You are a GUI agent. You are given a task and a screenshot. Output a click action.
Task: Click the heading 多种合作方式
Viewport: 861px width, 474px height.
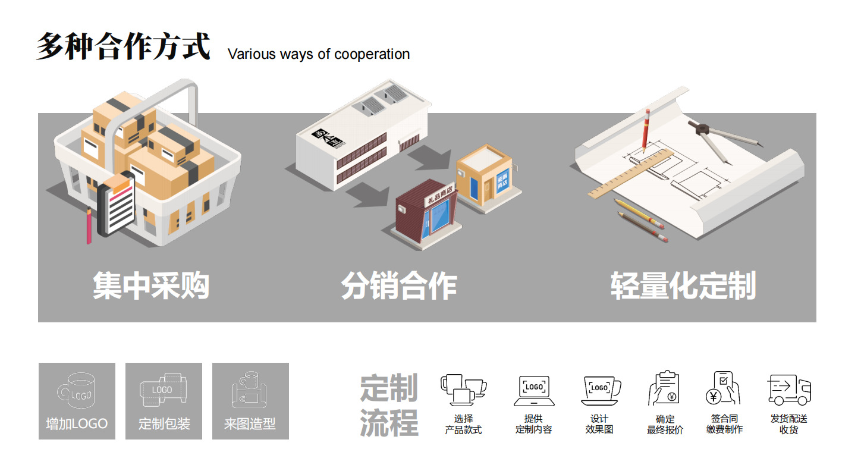[123, 46]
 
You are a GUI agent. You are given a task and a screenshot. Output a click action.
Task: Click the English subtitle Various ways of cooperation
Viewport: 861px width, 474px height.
[318, 54]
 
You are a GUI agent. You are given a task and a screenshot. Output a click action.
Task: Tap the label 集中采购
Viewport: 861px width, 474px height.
[151, 286]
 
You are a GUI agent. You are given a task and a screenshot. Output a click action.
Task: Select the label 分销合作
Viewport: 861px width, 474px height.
[399, 286]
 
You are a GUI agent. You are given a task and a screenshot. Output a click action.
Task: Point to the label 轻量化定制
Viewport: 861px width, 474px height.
[683, 286]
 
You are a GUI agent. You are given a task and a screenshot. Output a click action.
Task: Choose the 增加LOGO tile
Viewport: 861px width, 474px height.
[77, 401]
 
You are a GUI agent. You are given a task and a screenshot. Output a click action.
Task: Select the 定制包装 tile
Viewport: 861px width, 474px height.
[164, 401]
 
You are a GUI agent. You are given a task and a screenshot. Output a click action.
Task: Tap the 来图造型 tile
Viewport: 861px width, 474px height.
[250, 401]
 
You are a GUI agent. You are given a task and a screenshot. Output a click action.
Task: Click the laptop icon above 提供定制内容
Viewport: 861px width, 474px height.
[534, 390]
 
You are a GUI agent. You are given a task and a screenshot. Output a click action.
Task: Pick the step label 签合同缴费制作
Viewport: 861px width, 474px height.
[724, 424]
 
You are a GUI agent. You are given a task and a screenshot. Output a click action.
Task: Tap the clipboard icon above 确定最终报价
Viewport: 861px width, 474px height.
[664, 388]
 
